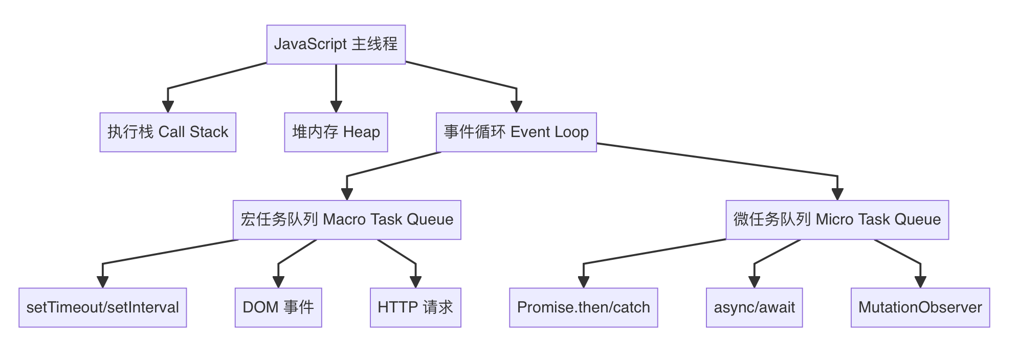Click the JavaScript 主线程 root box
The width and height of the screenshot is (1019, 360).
pyautogui.click(x=336, y=44)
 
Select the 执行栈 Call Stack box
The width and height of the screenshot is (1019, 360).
pyautogui.click(x=168, y=132)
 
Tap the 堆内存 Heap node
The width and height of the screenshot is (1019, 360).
pyautogui.click(x=336, y=132)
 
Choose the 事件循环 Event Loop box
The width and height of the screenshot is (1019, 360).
pyautogui.click(x=516, y=132)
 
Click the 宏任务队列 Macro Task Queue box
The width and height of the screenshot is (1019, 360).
pyautogui.click(x=347, y=220)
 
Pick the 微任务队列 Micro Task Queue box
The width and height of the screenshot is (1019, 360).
pyautogui.click(x=837, y=220)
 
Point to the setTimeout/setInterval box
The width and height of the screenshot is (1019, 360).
pyautogui.click(x=103, y=307)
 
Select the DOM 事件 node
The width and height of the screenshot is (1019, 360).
pyautogui.click(x=278, y=307)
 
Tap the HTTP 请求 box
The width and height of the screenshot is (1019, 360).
pyautogui.click(x=415, y=307)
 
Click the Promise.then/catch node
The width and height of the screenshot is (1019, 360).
pyautogui.click(x=584, y=307)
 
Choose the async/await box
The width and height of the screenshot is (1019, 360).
pyautogui.click(x=755, y=307)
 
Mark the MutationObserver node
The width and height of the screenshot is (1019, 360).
pyautogui.click(x=920, y=307)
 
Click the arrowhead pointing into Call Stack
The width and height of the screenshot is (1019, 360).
pyautogui.click(x=168, y=106)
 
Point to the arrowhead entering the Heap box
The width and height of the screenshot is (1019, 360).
pyautogui.click(x=336, y=106)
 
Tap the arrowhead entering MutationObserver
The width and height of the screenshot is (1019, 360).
pyautogui.click(x=920, y=282)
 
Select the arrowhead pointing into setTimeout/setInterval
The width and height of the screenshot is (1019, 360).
pyautogui.click(x=103, y=282)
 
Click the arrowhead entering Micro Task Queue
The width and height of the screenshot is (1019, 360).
pyautogui.click(x=837, y=194)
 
